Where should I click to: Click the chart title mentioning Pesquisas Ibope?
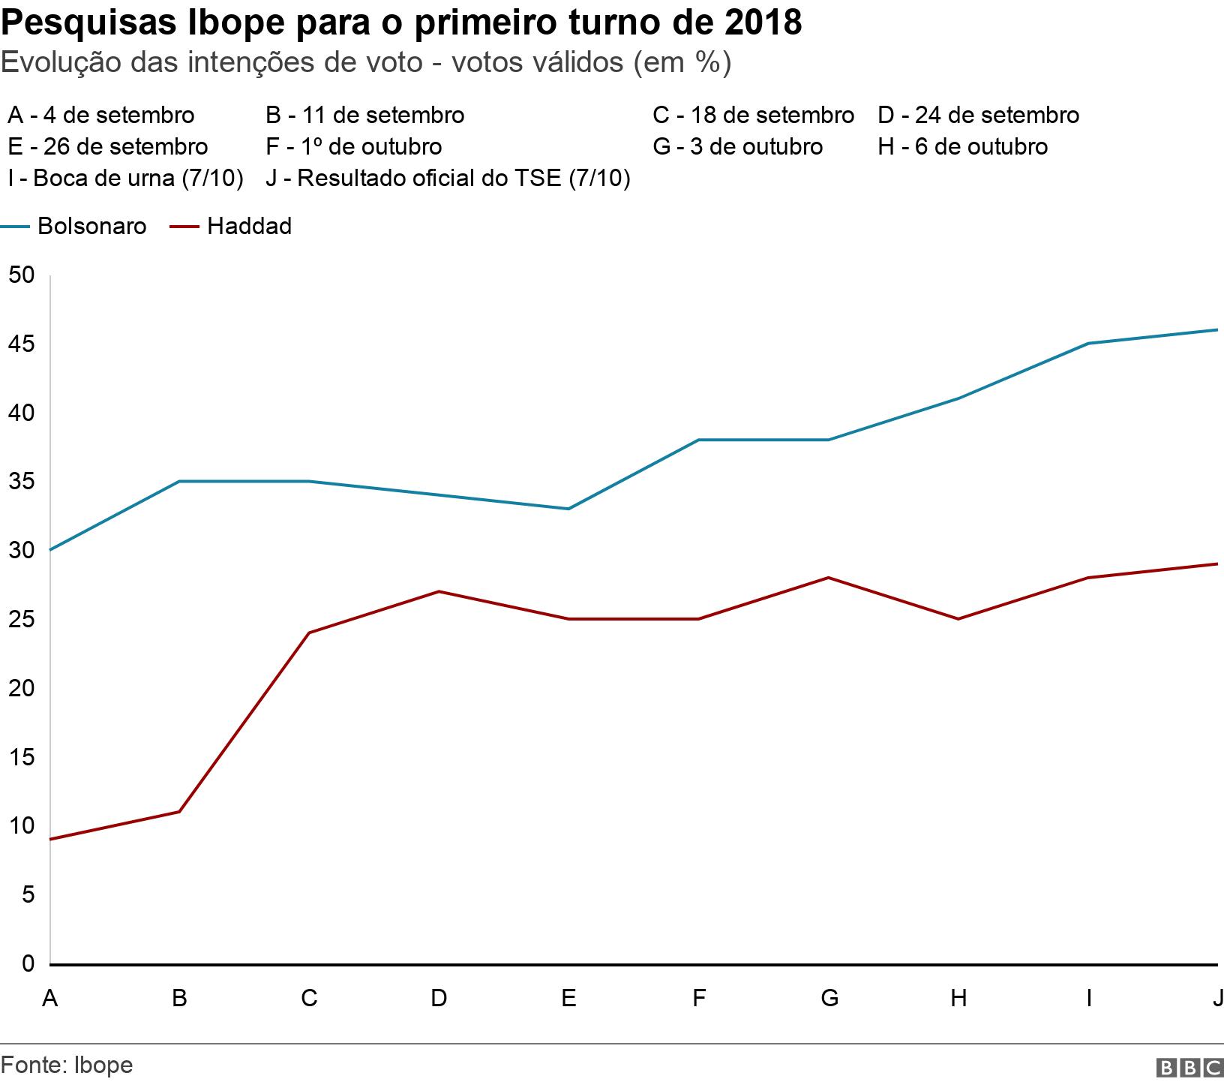[401, 23]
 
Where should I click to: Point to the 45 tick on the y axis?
[22, 344]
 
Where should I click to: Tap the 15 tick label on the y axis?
[22, 757]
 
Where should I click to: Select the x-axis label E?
[568, 998]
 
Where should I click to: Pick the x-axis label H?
[958, 998]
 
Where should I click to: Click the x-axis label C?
[309, 998]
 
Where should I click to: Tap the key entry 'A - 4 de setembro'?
[100, 115]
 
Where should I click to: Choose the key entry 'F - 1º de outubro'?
[353, 146]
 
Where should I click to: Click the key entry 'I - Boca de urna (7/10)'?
[125, 179]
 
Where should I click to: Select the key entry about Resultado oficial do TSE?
[448, 179]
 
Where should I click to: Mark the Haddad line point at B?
[179, 811]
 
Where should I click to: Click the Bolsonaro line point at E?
[568, 509]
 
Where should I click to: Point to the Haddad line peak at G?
[829, 578]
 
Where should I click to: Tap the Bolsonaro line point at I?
[1088, 344]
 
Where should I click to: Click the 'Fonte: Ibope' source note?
[67, 1065]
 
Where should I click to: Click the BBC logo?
[1189, 1067]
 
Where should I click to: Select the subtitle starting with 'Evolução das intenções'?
[366, 62]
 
